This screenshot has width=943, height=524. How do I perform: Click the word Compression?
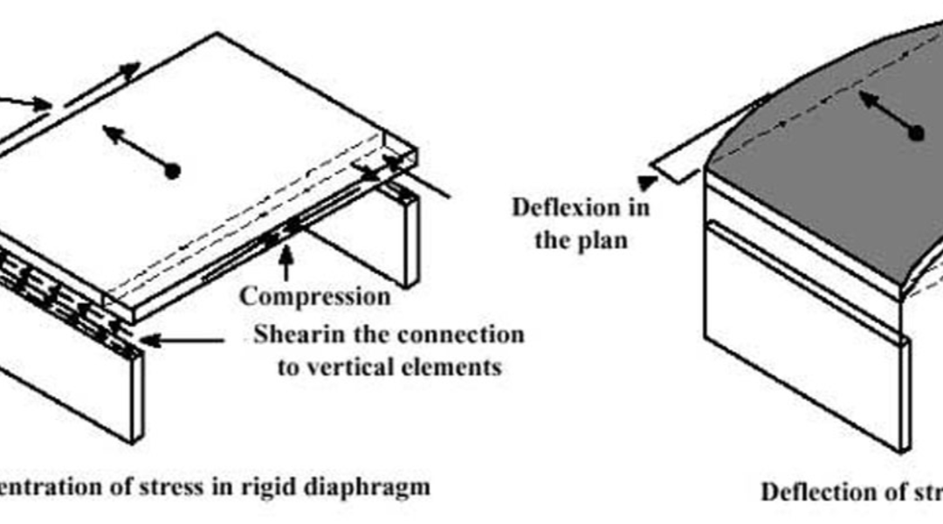click(x=315, y=296)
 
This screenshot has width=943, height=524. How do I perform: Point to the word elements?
click(x=453, y=367)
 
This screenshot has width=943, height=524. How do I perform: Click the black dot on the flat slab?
click(x=173, y=172)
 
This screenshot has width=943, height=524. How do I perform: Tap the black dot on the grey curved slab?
click(x=916, y=134)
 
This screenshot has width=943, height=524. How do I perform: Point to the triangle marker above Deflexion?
click(x=646, y=183)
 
